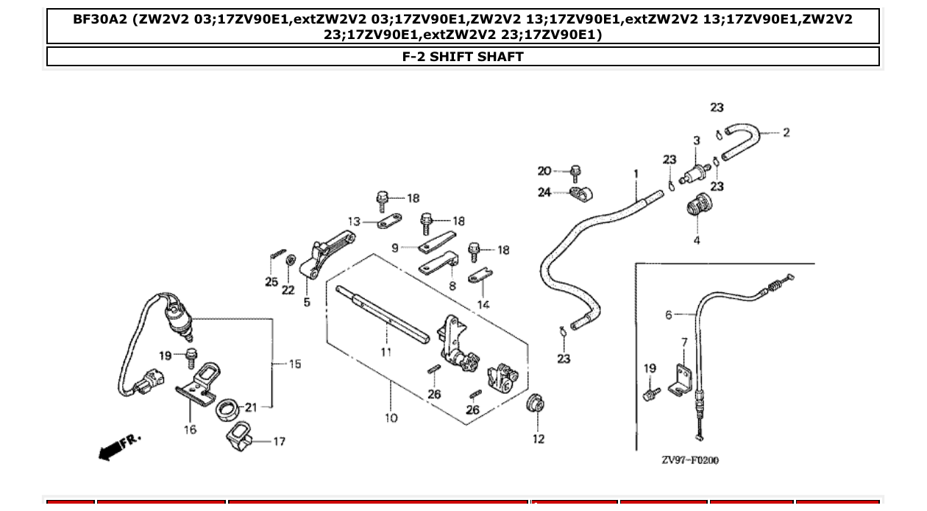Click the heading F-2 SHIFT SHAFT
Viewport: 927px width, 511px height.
point(463,57)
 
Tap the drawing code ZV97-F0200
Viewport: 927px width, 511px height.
point(689,460)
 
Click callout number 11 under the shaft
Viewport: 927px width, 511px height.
point(386,352)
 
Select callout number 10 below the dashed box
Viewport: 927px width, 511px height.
point(391,417)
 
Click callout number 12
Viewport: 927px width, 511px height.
point(539,439)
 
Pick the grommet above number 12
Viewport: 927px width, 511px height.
point(537,403)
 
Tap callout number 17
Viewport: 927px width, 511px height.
point(279,442)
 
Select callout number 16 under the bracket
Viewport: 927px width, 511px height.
point(190,429)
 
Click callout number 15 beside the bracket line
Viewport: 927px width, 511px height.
point(294,364)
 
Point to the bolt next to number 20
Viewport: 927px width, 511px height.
point(577,174)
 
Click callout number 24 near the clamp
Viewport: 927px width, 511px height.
point(544,193)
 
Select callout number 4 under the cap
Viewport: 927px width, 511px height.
point(697,240)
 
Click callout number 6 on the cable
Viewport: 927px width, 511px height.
point(668,314)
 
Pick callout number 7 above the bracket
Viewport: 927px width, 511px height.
point(684,342)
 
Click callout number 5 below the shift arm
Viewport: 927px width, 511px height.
point(307,302)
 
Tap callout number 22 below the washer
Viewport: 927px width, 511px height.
point(288,290)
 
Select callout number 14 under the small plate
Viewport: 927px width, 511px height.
point(483,304)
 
